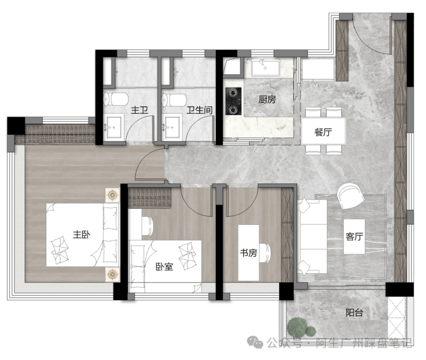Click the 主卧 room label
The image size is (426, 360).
click(82, 235)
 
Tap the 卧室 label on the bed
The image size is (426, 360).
click(164, 267)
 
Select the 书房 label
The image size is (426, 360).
click(248, 253)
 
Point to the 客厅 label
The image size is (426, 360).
click(354, 236)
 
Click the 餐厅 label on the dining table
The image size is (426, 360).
click(324, 132)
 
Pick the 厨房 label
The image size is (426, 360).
click(267, 99)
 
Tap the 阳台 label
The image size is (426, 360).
click(354, 312)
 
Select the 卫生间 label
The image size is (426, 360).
click(199, 110)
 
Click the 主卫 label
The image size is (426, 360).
click(139, 110)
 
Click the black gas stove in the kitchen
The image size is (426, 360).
click(233, 101)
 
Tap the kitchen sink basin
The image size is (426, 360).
click(265, 68)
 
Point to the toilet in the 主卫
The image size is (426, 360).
click(116, 99)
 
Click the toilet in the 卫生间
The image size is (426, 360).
click(174, 100)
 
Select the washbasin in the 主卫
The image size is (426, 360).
click(115, 127)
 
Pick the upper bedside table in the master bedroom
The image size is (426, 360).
click(112, 195)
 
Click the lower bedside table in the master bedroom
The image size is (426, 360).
click(112, 274)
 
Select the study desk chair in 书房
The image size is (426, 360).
click(265, 253)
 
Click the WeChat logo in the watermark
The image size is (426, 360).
click(255, 342)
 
